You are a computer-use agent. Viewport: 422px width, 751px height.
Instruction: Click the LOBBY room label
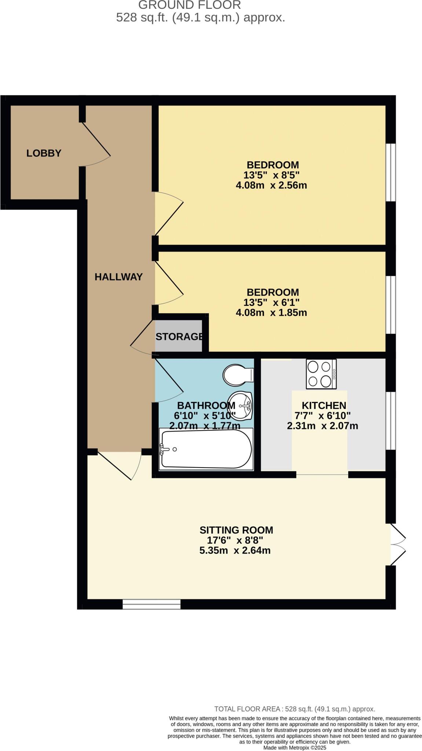[x=44, y=153]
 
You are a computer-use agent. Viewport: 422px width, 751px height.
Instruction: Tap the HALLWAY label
[x=118, y=277]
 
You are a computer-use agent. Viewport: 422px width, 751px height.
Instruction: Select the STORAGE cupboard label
[x=179, y=337]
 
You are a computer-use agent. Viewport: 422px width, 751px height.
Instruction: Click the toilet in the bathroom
[x=238, y=375]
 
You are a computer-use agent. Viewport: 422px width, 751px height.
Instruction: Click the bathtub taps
[x=163, y=449]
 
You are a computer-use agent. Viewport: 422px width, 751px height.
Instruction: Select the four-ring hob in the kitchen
[x=321, y=374]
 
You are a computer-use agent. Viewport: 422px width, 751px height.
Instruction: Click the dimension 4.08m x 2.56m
[x=271, y=185]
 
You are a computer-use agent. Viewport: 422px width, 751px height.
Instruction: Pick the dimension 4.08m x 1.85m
[x=271, y=313]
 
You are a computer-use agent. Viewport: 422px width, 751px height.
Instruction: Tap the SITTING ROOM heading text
[x=236, y=530]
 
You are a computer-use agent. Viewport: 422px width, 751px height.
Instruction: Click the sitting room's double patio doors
[x=397, y=545]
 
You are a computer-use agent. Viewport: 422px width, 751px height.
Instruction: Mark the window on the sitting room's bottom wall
[x=151, y=604]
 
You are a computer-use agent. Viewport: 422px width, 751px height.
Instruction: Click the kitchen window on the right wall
[x=391, y=421]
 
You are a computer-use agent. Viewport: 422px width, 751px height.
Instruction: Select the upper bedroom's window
[x=391, y=172]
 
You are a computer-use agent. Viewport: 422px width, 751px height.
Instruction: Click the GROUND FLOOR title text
[x=190, y=5]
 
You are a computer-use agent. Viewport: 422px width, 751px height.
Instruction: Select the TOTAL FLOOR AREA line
[x=294, y=709]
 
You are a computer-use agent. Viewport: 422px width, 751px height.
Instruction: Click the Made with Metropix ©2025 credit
[x=294, y=748]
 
